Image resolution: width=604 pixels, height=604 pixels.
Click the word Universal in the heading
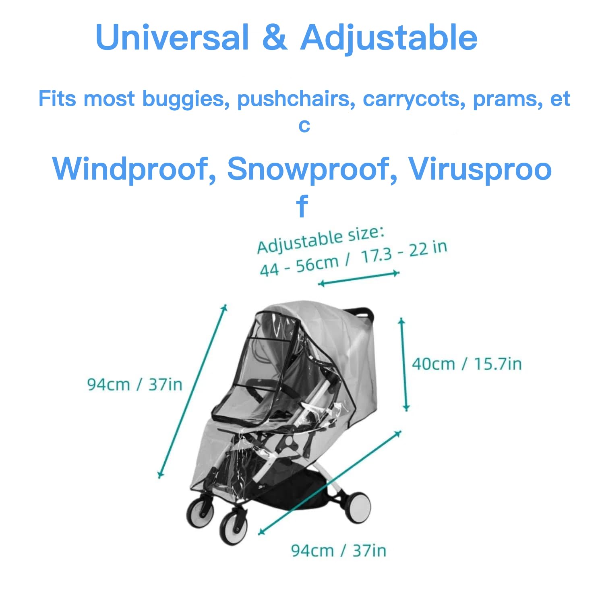click(x=172, y=37)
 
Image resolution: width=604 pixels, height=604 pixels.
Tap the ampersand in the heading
click(x=275, y=37)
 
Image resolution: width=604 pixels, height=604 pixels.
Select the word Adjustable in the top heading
click(x=389, y=38)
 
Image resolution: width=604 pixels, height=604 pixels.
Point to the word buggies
click(x=186, y=99)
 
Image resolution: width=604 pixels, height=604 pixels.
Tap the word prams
click(x=508, y=99)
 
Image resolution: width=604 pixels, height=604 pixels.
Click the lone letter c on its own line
click(x=304, y=126)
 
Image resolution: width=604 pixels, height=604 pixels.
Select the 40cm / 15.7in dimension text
click(x=467, y=364)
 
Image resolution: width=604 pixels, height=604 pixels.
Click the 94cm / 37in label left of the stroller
click(x=134, y=385)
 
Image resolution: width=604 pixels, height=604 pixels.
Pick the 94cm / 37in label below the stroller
click(x=338, y=550)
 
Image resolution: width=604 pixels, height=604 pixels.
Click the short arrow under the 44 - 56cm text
click(x=358, y=278)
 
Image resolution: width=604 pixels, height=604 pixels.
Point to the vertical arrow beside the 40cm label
click(x=404, y=364)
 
